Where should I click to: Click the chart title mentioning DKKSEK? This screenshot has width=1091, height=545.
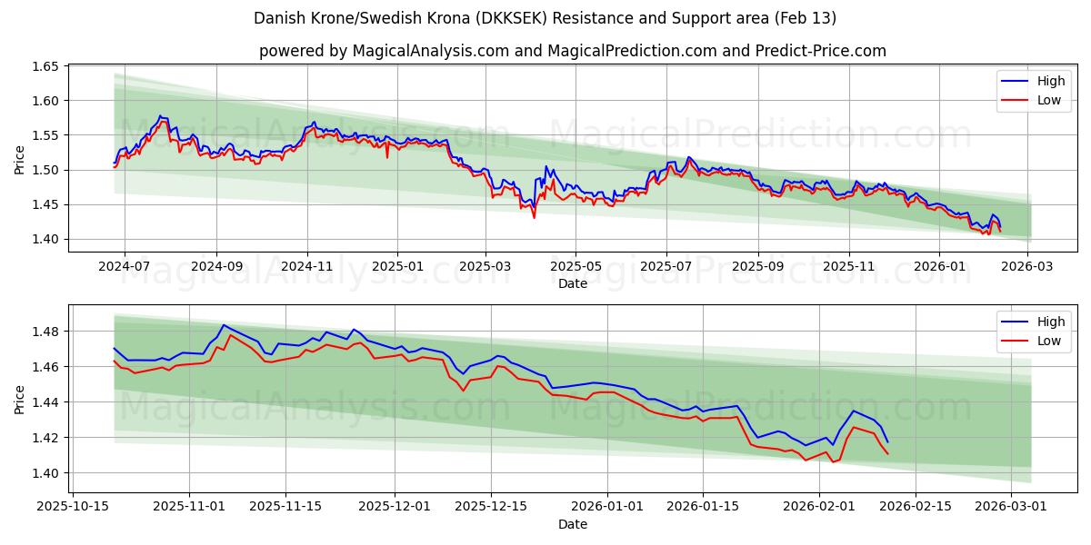pyautogui.click(x=545, y=18)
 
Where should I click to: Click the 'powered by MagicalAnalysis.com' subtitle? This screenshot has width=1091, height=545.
pyautogui.click(x=573, y=51)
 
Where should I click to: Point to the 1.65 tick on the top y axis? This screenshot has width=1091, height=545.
pyautogui.click(x=46, y=67)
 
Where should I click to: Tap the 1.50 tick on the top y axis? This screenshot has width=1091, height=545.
pyautogui.click(x=46, y=170)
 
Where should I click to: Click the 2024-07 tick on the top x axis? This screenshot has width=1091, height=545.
pyautogui.click(x=124, y=266)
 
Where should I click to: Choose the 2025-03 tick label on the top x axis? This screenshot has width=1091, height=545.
pyautogui.click(x=485, y=266)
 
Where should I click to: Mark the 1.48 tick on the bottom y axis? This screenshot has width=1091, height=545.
pyautogui.click(x=46, y=332)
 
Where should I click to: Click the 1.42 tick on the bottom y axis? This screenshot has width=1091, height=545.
pyautogui.click(x=46, y=438)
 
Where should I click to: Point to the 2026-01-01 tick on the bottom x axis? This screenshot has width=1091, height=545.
pyautogui.click(x=607, y=507)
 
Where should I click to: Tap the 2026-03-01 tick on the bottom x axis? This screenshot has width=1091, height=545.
pyautogui.click(x=1011, y=507)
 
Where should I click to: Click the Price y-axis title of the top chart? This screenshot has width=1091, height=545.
pyautogui.click(x=20, y=158)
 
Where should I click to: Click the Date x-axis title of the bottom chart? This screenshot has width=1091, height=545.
pyautogui.click(x=573, y=524)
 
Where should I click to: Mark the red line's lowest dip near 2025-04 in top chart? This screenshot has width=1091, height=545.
pyautogui.click(x=534, y=217)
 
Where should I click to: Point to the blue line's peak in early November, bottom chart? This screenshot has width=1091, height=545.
pyautogui.click(x=223, y=325)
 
